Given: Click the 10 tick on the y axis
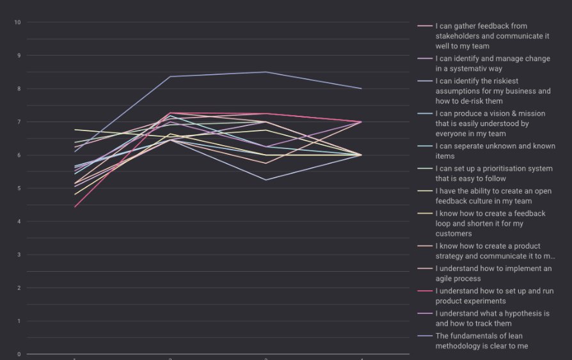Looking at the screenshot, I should (17, 22).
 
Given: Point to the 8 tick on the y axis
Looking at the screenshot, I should (18, 89).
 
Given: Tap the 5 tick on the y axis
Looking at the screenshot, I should (18, 189).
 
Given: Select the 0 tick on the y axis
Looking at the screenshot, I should (18, 354).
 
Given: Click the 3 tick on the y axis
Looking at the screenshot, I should (18, 255).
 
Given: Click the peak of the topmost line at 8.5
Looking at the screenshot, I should (266, 72).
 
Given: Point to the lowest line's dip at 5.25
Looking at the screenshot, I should (266, 180).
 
